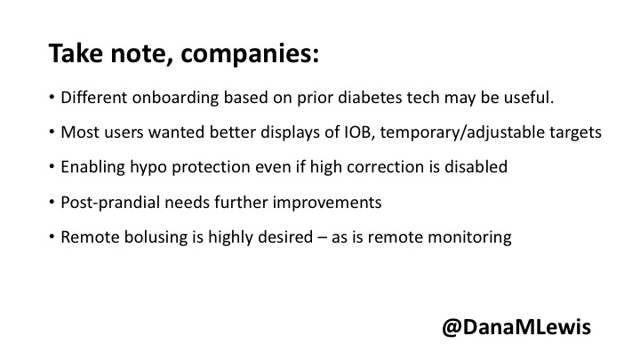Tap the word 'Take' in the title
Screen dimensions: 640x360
click(76, 52)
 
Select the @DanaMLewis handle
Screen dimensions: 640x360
click(516, 327)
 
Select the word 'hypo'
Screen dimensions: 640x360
click(148, 168)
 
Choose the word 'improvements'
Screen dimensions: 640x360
click(327, 203)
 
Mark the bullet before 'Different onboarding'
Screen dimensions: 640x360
click(52, 98)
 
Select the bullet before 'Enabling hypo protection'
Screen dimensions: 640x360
click(52, 167)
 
